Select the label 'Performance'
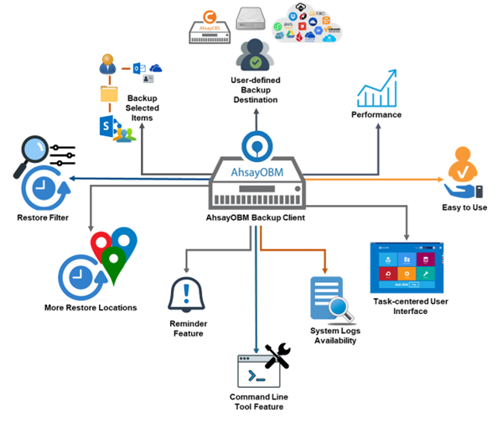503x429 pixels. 376,114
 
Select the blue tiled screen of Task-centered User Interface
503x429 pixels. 407,268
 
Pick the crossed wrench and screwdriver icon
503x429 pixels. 277,356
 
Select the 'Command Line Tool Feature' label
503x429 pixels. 257,401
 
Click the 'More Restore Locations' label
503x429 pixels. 91,307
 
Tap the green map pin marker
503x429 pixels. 114,267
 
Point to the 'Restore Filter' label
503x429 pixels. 43,218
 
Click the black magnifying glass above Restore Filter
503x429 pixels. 32,157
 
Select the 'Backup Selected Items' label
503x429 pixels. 142,108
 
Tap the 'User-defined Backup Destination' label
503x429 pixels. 255,90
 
